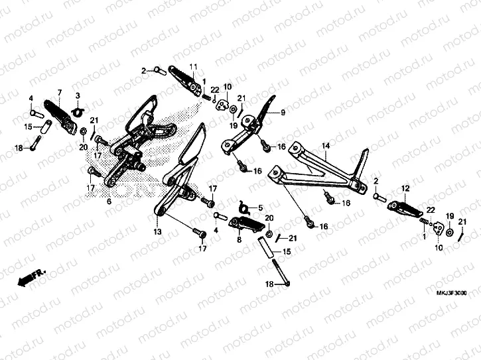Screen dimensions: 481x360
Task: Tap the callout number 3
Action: point(77,96)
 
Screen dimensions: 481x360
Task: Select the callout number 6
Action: point(108,202)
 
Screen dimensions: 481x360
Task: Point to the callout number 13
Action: point(157,233)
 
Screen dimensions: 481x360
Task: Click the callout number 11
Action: point(193,67)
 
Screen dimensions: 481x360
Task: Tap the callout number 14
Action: point(326,145)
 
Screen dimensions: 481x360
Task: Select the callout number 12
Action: point(404,188)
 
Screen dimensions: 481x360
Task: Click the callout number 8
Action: point(239,240)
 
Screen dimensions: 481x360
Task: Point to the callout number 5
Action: point(261,207)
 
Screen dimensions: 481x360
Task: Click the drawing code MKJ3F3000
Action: point(452,292)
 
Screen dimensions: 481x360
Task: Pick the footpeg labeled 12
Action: point(405,208)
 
